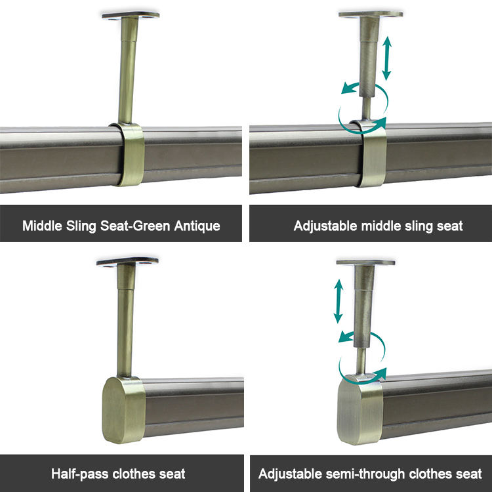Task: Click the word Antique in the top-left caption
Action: point(197,226)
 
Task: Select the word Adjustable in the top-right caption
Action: point(322,226)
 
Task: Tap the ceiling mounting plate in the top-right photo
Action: point(371,13)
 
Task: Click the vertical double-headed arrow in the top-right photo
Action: point(388,58)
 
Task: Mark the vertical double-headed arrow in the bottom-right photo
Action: point(338,301)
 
